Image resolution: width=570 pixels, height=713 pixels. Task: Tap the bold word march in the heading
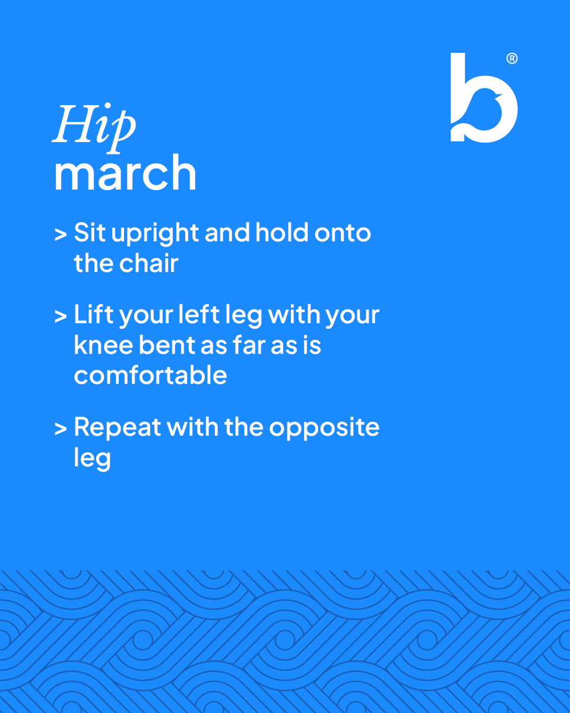pos(125,173)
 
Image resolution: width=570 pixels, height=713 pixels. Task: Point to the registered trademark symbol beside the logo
pos(512,59)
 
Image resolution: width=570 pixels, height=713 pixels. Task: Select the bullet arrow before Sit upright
pos(60,234)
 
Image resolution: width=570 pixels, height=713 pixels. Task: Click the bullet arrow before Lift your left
pos(60,316)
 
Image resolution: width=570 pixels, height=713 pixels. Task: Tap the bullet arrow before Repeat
pos(60,428)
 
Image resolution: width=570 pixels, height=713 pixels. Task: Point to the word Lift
pos(93,315)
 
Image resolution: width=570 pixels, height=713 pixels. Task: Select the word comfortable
pos(150,375)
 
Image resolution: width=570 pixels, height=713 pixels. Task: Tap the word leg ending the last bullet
pos(92,459)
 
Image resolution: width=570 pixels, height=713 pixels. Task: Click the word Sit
pos(90,233)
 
